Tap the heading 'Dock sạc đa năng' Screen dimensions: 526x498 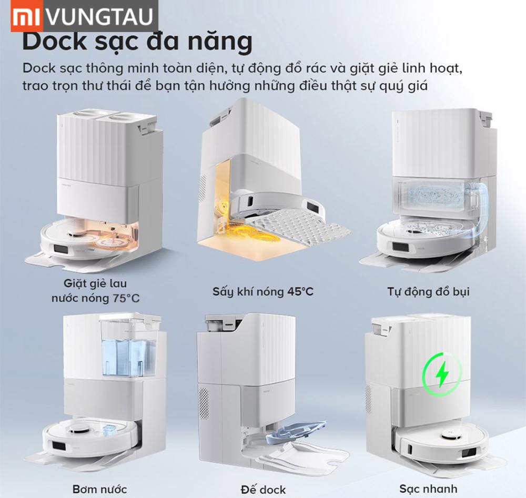(x=137, y=42)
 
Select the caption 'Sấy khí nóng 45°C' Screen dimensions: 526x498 (x=263, y=291)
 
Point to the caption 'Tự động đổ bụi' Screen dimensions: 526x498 (x=428, y=291)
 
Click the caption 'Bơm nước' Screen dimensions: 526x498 (x=99, y=489)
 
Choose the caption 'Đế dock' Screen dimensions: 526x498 (x=264, y=489)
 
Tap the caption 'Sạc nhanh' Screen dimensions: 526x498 (x=428, y=489)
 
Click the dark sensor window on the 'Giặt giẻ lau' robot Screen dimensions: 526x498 (x=60, y=249)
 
